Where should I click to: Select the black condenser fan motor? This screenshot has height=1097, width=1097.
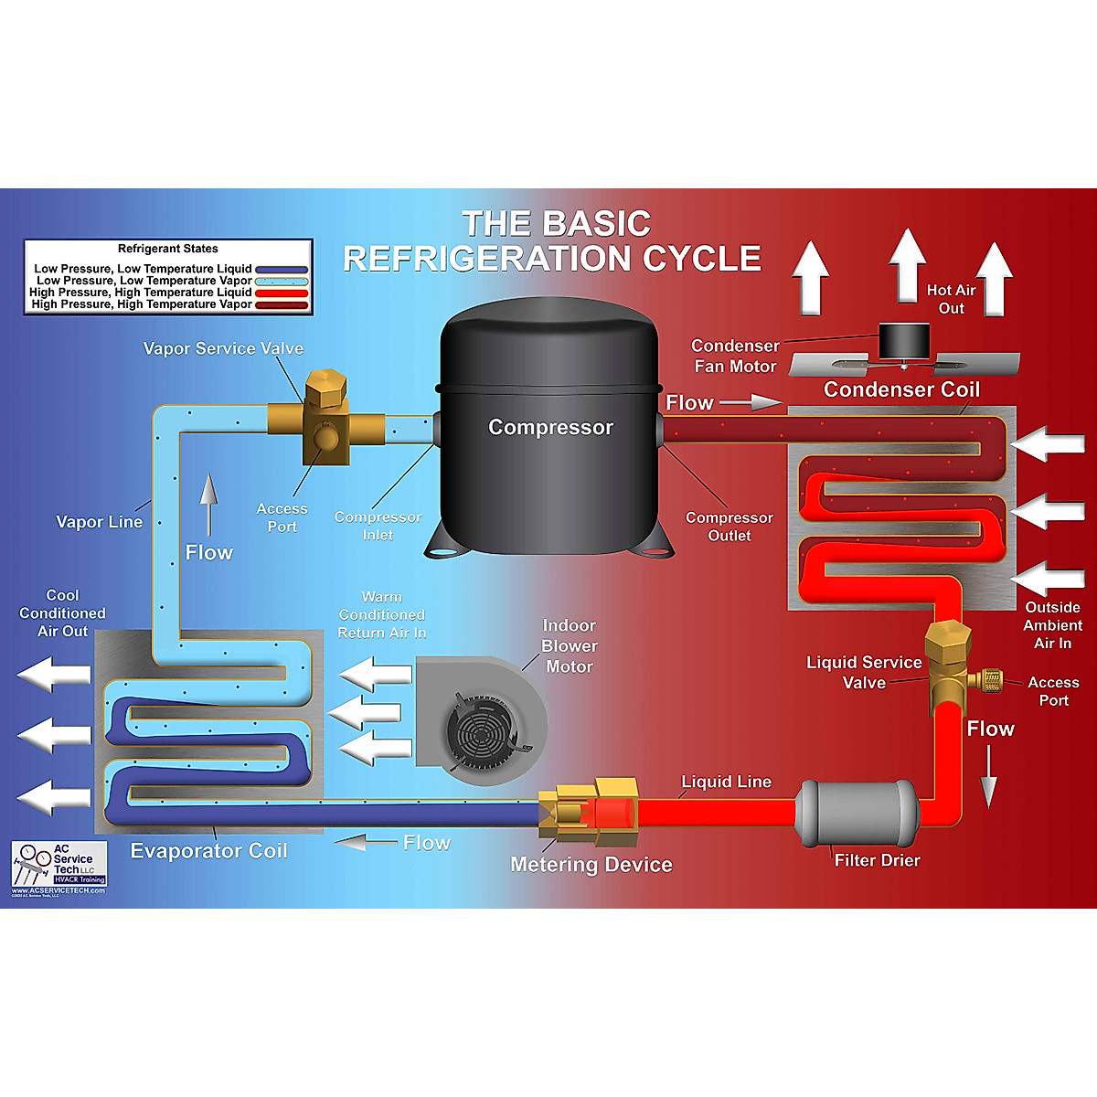tap(903, 343)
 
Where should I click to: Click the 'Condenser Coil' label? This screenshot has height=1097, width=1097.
tap(901, 389)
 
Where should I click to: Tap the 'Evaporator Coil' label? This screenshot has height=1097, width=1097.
tap(208, 851)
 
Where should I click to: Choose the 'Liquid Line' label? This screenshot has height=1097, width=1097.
tap(726, 782)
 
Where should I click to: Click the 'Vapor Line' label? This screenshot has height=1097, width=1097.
tap(99, 522)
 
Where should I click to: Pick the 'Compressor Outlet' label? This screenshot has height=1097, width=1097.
tap(729, 527)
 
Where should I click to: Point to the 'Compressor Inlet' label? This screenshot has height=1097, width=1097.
tap(378, 526)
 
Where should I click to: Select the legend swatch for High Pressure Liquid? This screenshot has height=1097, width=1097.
tap(282, 293)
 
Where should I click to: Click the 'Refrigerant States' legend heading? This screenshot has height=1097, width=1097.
tap(168, 249)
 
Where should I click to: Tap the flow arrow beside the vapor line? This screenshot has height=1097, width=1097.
tap(209, 504)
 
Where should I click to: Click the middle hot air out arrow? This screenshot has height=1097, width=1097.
tap(907, 266)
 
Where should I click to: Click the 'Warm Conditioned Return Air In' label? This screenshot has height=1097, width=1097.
tap(381, 614)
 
